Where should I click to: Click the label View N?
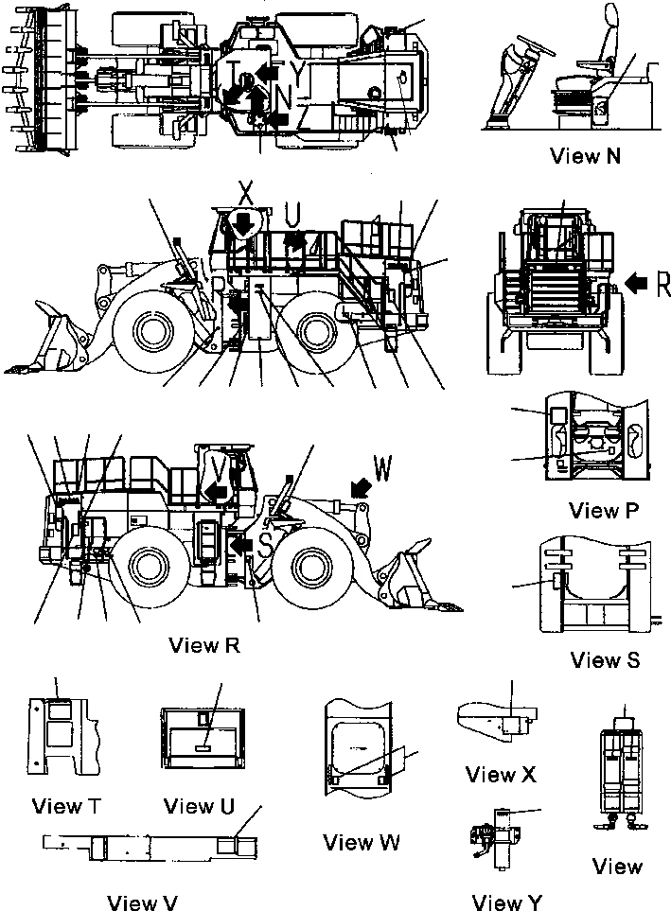585,156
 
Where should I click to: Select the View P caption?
604,511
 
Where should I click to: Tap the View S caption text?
606,659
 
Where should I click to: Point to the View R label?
203,646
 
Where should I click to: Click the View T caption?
67,806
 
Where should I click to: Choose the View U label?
199,806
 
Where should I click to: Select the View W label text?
361,841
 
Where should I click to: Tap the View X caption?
501,775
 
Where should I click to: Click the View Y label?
507,901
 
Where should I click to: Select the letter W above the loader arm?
381,466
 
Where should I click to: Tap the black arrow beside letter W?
359,485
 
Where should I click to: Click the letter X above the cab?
245,192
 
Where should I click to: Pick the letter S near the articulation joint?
266,545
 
